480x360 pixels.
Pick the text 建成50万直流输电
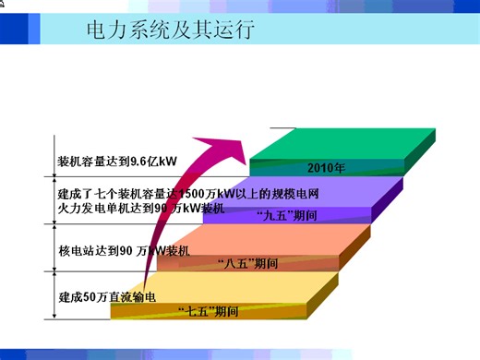coord(103,296)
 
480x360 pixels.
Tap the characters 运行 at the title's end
coord(237,30)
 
